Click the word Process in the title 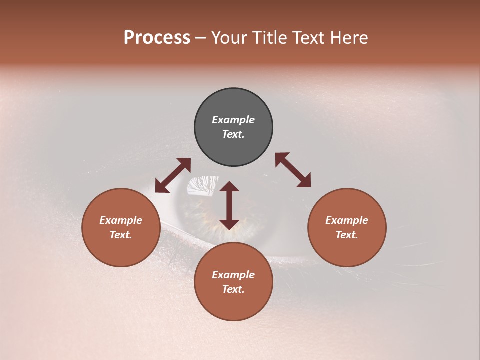(x=157, y=38)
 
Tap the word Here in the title (x=348, y=38)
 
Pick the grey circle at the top (x=233, y=127)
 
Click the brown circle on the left (x=121, y=227)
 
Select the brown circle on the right (x=347, y=227)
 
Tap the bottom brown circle (x=233, y=282)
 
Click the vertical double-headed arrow (x=229, y=205)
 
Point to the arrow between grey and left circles (x=173, y=175)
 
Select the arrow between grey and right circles (x=293, y=170)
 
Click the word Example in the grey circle (x=233, y=120)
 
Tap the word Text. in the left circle (x=121, y=235)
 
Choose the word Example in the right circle (x=347, y=220)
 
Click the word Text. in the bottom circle (x=233, y=289)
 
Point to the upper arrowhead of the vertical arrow (x=229, y=187)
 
